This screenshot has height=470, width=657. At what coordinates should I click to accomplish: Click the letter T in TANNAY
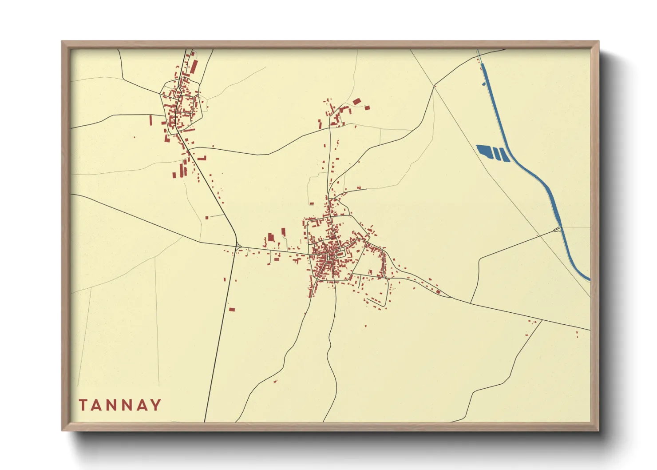pos(83,405)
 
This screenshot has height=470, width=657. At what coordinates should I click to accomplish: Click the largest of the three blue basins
pos(484,151)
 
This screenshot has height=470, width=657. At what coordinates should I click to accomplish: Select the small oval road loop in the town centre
pos(340,254)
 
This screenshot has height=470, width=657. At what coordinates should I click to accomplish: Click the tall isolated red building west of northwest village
pos(150,120)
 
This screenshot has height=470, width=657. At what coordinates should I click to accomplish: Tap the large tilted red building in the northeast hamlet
pos(357,102)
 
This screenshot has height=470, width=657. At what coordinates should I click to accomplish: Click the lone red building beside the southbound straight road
pos(232,309)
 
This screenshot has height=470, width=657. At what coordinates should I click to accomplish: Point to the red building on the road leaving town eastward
pos(438,292)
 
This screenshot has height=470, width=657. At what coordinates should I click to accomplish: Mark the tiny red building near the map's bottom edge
pos(275,381)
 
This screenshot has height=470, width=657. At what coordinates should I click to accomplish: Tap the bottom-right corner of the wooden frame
pos(598,430)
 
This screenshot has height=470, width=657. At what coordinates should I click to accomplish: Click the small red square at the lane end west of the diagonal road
pos(207,217)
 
